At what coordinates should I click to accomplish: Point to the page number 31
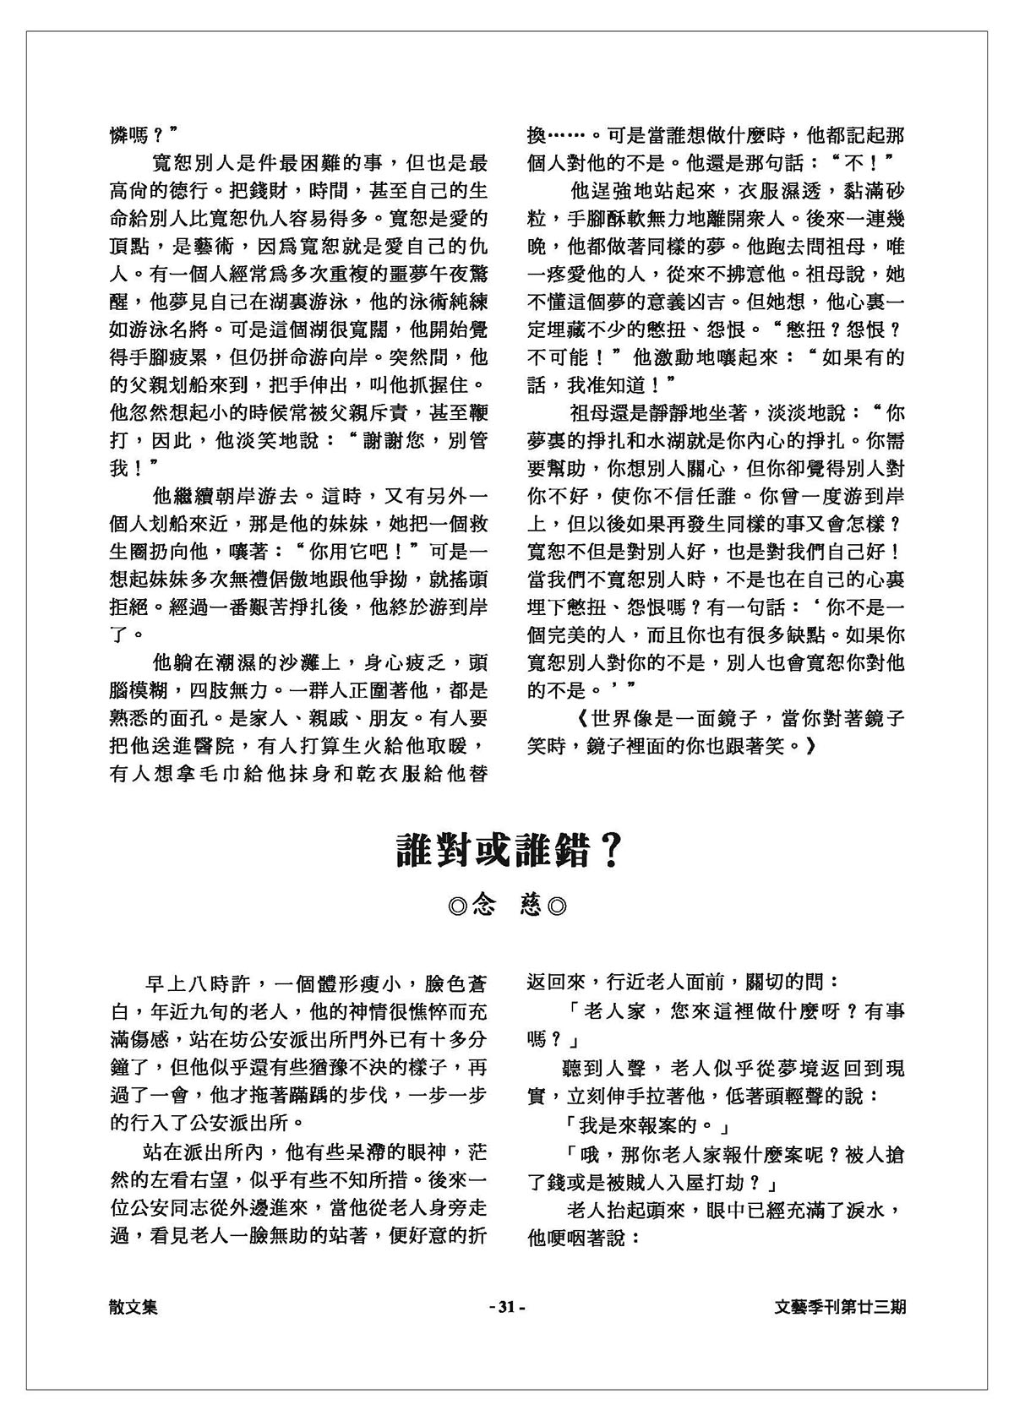click(507, 1307)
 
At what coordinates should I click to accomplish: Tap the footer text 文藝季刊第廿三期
click(841, 1307)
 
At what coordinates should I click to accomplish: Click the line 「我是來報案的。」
click(645, 1125)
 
